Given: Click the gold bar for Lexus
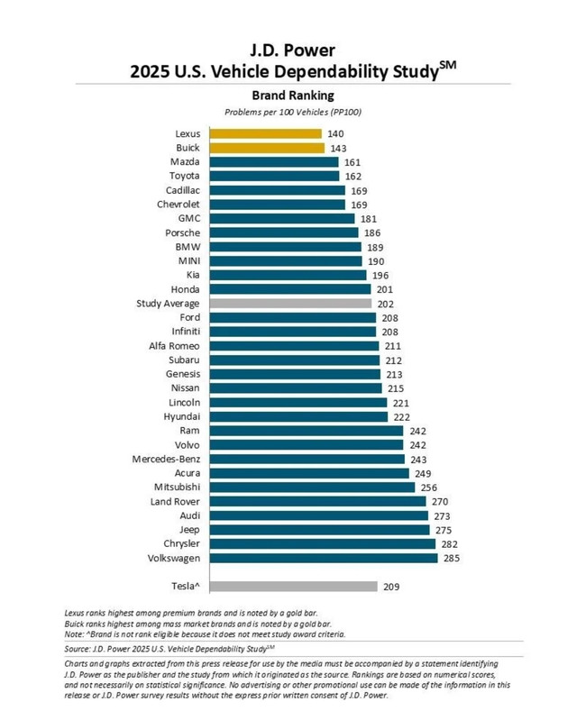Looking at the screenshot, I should tap(266, 134).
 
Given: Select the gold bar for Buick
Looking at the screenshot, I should tap(267, 148).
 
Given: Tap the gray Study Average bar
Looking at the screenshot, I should tap(291, 304).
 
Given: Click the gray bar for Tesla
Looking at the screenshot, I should tap(294, 587).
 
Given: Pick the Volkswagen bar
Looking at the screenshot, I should tap(324, 558).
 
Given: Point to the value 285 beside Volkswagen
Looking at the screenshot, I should tap(451, 558).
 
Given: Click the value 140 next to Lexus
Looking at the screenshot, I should tap(335, 134).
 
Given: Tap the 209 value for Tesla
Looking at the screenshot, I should tap(391, 587).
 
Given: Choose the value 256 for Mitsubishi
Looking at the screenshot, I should tap(428, 488).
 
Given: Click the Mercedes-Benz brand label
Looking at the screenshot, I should tap(166, 459).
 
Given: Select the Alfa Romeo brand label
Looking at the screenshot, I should tap(175, 346).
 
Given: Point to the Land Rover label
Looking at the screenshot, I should tap(176, 501).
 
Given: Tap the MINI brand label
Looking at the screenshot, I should tap(187, 261).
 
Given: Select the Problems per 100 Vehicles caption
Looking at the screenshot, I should tap(293, 112).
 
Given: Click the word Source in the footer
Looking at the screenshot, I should tap(78, 648).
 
